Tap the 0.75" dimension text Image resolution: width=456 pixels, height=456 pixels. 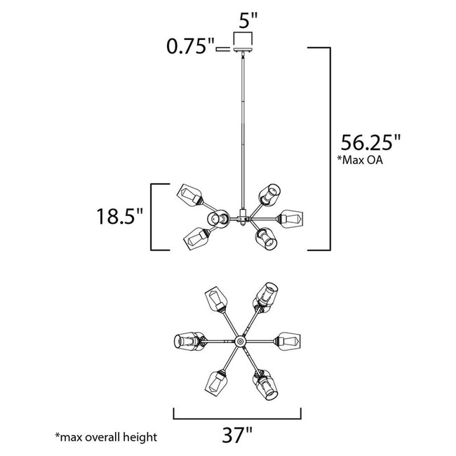coord(189,48)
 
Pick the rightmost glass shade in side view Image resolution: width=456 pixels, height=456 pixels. coord(290,219)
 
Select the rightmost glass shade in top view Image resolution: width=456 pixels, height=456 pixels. coord(289,341)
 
